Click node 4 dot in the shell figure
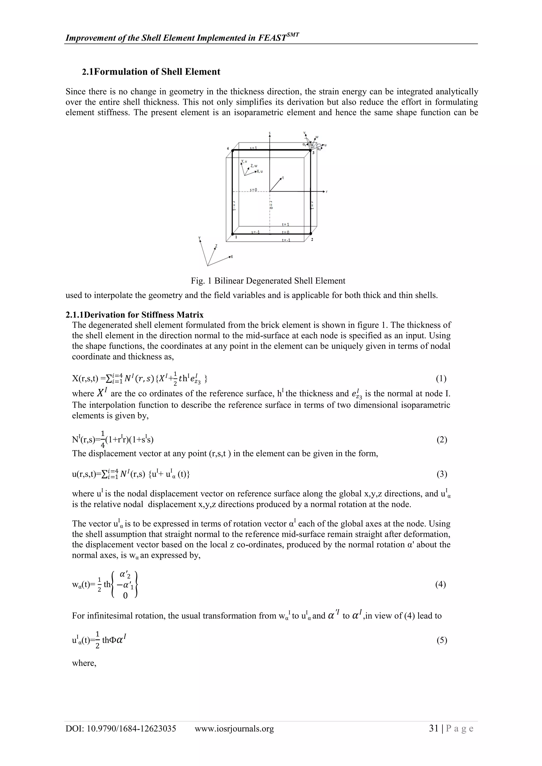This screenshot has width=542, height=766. tap(232, 151)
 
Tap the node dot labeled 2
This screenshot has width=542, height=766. tap(310, 234)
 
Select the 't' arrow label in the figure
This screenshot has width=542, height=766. tap(283, 177)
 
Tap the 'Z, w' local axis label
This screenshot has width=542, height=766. tap(254, 166)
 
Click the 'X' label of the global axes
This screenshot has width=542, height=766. tap(232, 257)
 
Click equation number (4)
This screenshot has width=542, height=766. tap(441, 584)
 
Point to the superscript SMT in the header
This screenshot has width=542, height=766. tap(292, 34)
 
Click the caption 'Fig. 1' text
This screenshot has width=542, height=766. tap(201, 281)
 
